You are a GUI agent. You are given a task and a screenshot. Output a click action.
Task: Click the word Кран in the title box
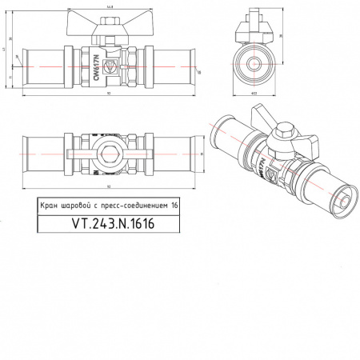[x=50, y=205]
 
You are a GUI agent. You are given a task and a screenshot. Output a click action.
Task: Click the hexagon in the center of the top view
[x=108, y=150]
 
